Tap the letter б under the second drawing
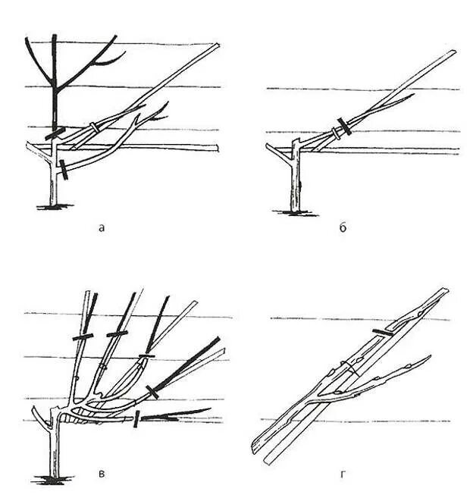[343, 226]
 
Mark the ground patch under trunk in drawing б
[294, 212]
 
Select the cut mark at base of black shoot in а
[55, 133]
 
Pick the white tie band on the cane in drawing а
[93, 127]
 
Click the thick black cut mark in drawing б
[345, 126]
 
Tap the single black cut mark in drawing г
[385, 333]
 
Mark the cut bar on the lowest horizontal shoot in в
[136, 419]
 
